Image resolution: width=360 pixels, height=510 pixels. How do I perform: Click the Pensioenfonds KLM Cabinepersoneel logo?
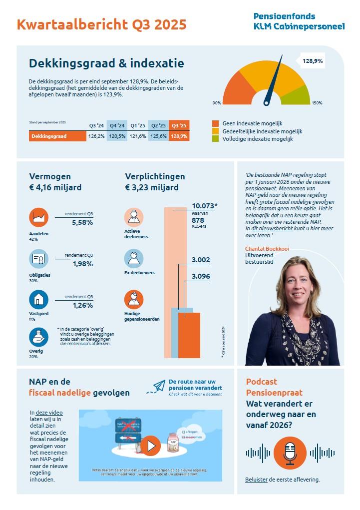point(299,21)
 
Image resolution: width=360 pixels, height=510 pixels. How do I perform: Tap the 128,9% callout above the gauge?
point(313,61)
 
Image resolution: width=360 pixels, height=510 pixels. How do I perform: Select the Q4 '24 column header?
point(117,125)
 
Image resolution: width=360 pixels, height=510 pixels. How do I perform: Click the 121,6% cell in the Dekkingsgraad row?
point(138,136)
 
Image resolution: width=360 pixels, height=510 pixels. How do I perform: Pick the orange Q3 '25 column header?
point(179,125)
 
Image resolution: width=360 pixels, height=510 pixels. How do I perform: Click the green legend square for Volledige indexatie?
point(215,139)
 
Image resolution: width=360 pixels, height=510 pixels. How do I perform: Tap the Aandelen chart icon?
point(38,217)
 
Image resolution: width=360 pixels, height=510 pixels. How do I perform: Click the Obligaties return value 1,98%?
point(82,264)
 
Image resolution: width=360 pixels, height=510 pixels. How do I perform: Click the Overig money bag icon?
point(38,337)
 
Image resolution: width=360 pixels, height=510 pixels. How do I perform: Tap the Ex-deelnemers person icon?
point(134,258)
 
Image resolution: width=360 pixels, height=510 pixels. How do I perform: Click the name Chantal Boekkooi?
point(267,248)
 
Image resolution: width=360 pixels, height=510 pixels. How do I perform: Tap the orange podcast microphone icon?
point(290,453)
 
